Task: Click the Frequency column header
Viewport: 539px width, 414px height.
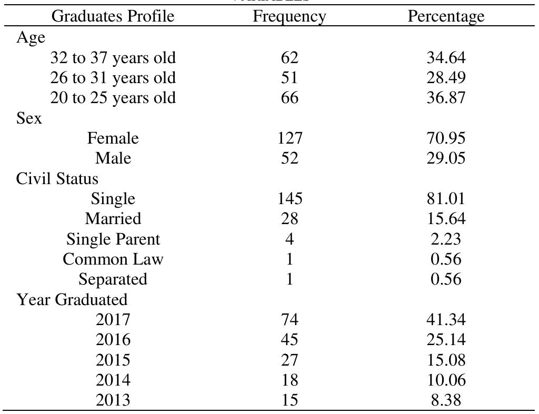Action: coord(289,16)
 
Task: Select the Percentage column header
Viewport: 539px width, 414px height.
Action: coord(446,16)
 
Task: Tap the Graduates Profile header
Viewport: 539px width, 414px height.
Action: coord(113,16)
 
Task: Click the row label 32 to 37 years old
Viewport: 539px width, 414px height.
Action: coord(113,57)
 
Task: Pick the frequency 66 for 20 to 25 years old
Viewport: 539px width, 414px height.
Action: coord(289,98)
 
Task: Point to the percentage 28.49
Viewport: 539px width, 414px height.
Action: coord(446,78)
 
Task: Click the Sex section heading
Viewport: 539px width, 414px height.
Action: coord(29,118)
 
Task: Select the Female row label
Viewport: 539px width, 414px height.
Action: coord(113,138)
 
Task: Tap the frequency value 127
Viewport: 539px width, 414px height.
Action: coord(289,138)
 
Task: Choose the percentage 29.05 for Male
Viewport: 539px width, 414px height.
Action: coord(446,158)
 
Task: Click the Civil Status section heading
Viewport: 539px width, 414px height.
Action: coord(57,179)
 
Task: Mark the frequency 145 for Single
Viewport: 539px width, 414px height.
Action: coord(289,199)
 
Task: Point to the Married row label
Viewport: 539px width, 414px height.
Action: coord(113,219)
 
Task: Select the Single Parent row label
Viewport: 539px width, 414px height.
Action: coord(113,239)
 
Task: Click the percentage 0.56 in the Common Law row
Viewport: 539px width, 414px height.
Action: coord(446,259)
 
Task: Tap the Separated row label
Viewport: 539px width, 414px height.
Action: coord(113,279)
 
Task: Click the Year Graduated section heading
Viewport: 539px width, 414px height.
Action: coord(72,300)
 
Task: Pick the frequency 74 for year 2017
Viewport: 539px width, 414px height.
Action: coord(289,320)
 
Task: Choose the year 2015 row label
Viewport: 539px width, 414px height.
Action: coord(113,360)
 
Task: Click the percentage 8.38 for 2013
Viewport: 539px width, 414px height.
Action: coord(446,400)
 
